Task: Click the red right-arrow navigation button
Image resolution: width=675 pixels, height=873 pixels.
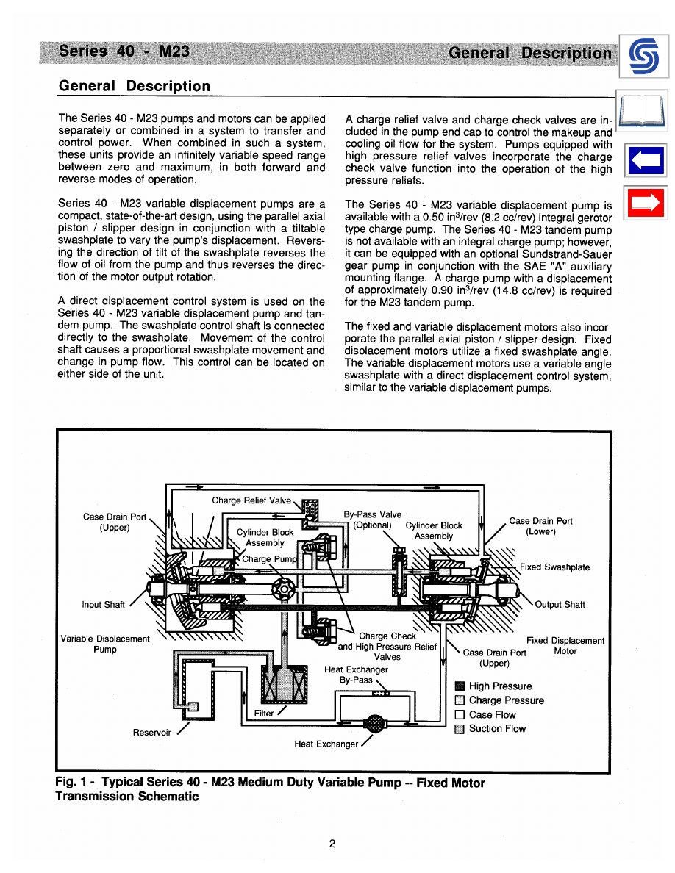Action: click(x=645, y=204)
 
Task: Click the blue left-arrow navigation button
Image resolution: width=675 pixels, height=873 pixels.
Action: click(x=645, y=161)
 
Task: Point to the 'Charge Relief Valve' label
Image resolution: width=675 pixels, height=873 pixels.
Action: click(x=251, y=500)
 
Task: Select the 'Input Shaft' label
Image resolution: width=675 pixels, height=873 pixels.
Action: click(x=103, y=605)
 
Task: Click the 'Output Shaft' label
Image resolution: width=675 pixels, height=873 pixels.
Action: click(x=560, y=605)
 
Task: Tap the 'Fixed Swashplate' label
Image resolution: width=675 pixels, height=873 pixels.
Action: click(x=554, y=567)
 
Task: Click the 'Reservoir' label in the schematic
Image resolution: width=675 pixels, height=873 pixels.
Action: click(x=151, y=732)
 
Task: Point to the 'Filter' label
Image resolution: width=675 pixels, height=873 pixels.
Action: click(x=263, y=713)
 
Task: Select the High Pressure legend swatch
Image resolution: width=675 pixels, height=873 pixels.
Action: click(x=460, y=686)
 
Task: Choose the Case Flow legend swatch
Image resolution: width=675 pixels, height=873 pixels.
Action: click(x=460, y=714)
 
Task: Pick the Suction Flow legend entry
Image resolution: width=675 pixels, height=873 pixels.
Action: click(x=497, y=728)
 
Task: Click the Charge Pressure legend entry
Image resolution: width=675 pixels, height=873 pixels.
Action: click(x=506, y=700)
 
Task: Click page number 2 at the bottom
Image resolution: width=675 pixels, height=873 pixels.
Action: click(x=332, y=844)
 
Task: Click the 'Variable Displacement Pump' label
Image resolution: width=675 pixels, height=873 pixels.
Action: click(x=104, y=644)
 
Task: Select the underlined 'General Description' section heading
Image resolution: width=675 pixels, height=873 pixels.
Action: click(x=135, y=86)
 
